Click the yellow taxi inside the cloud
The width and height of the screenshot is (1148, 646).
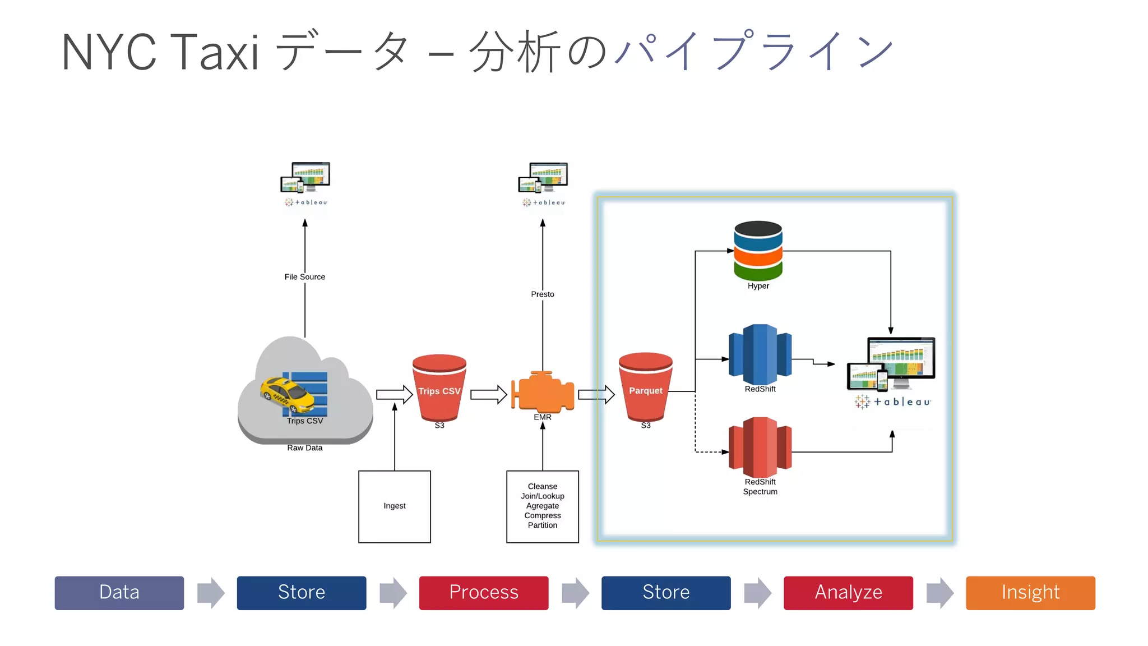[x=287, y=394]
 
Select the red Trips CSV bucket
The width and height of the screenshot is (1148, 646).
[x=439, y=387]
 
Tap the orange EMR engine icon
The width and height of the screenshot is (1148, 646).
[x=543, y=393]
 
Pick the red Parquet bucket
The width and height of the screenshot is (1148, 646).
[x=645, y=387]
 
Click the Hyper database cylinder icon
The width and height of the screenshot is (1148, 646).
[x=758, y=251]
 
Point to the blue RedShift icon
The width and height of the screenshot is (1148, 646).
[x=760, y=354]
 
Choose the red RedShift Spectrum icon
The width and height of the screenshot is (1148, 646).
[x=760, y=447]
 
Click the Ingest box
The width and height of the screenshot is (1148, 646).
[x=395, y=506]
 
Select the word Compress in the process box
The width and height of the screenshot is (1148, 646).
[x=542, y=515]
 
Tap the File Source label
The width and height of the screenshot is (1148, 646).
[x=304, y=276]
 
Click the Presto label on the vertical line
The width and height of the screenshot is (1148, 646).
[x=542, y=294]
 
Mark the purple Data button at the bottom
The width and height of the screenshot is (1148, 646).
[x=119, y=593]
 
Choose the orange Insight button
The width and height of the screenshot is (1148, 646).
[x=1030, y=593]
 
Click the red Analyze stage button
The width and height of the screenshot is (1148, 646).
[x=848, y=593]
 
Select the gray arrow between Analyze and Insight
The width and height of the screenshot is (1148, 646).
[x=939, y=593]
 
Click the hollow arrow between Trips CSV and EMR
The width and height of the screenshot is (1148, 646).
[x=488, y=395]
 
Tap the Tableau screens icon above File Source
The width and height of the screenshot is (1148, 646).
[x=305, y=178]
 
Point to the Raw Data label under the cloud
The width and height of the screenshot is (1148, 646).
[x=304, y=447]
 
